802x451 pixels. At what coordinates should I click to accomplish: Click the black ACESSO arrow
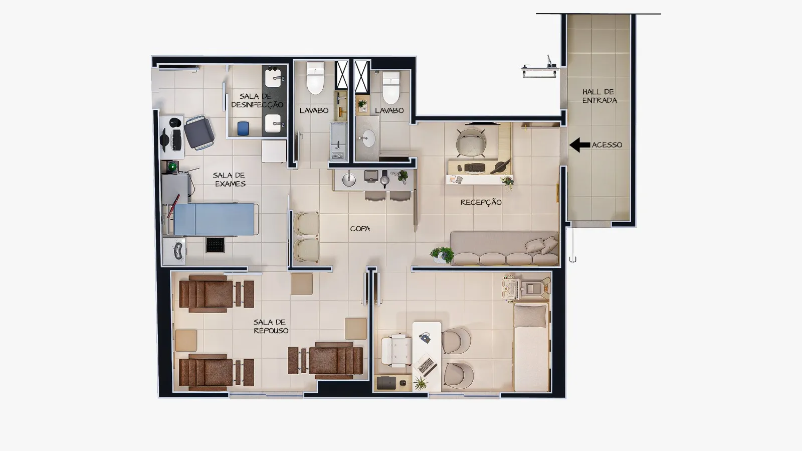point(579,145)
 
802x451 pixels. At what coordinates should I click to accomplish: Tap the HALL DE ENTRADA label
point(599,96)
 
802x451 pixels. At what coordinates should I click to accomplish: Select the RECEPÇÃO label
point(481,202)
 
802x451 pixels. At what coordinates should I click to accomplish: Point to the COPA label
point(360,229)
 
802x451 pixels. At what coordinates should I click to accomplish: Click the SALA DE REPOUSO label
point(271,327)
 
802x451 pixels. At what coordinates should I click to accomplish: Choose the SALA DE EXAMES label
point(229,180)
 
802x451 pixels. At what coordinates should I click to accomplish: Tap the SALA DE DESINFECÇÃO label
point(257,101)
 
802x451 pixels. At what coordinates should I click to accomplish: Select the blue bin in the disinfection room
point(243,128)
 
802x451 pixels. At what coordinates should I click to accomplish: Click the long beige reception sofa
point(504,248)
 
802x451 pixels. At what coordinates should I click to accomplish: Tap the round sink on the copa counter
point(349,180)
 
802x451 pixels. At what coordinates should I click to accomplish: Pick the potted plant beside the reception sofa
point(443,254)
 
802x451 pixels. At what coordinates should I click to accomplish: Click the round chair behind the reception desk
point(471,142)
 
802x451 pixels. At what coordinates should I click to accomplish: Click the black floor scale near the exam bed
point(215,245)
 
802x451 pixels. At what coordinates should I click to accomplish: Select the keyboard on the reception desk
point(474,167)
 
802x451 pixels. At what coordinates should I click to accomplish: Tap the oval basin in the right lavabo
point(369,138)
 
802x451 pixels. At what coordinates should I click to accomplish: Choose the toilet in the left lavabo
point(315,78)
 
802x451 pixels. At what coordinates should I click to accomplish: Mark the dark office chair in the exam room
point(199,133)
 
